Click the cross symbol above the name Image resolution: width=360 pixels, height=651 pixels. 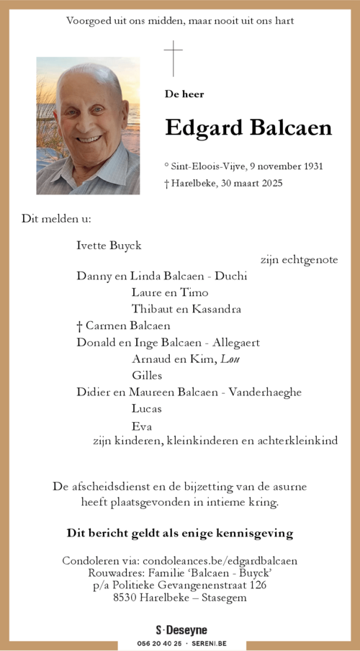[x=173, y=58]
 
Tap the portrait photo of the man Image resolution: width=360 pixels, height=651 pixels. [x=88, y=126]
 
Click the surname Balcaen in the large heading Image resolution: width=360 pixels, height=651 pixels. [x=290, y=128]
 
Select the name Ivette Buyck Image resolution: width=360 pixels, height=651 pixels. [x=109, y=246]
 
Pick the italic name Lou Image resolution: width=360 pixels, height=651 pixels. [x=230, y=359]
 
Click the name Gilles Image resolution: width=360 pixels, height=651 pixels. [x=147, y=375]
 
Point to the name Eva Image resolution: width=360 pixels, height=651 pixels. [x=142, y=426]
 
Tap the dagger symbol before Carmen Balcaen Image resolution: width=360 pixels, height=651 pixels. [x=80, y=325]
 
